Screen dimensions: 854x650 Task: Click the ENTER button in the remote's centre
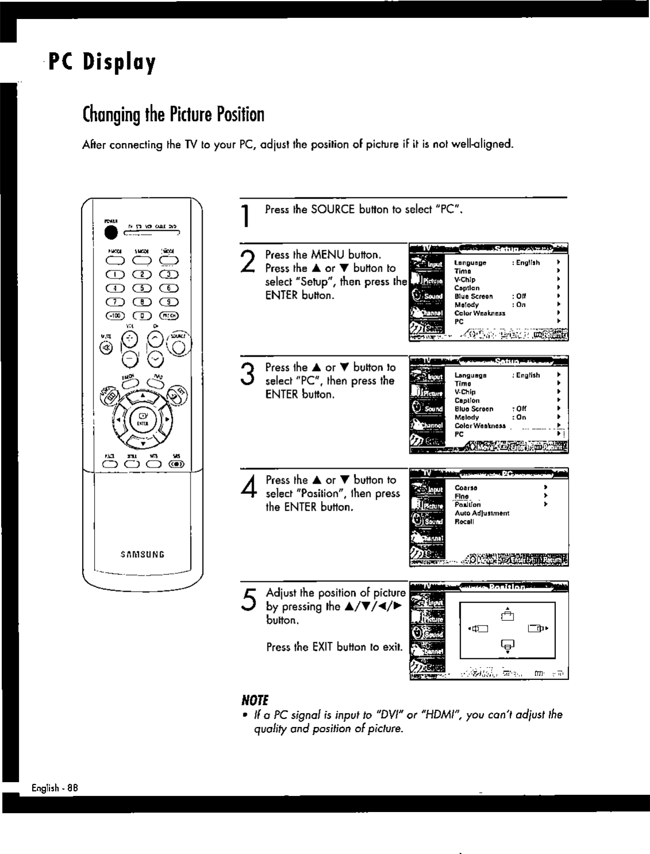[142, 418]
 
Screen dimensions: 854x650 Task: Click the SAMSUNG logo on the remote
[142, 555]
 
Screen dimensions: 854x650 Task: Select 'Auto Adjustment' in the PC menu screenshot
[482, 513]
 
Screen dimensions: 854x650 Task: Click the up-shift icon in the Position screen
[506, 616]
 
